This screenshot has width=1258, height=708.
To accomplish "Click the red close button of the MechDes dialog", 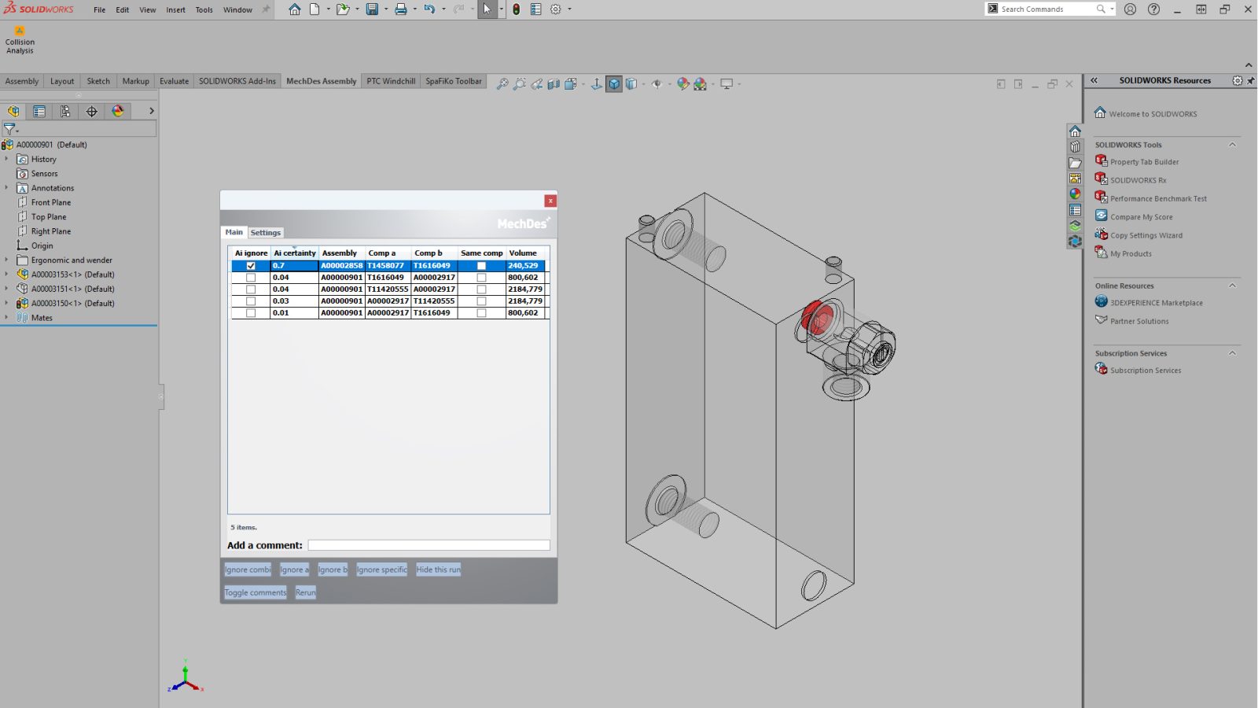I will click(x=550, y=201).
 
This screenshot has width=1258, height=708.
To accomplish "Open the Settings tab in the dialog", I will click(x=265, y=233).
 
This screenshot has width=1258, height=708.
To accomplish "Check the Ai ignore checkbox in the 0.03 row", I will click(x=251, y=301).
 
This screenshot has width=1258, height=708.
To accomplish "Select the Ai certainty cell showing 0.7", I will click(x=293, y=266).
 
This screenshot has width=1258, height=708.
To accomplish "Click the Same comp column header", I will click(x=481, y=253).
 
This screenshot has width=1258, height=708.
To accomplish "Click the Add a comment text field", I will click(x=429, y=545).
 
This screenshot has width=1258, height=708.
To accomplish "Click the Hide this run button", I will click(x=438, y=570).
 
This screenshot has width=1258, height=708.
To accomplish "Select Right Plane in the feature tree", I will click(x=51, y=231).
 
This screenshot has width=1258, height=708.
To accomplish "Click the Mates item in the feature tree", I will click(x=42, y=318).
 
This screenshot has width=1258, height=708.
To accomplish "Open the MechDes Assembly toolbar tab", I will click(x=321, y=81).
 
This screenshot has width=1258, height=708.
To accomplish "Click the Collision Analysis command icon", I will click(x=20, y=31).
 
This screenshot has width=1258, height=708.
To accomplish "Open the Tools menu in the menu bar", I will click(x=204, y=10).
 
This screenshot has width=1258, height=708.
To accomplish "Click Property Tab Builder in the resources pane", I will click(x=1144, y=162).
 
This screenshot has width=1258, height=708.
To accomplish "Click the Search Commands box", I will click(x=1046, y=9).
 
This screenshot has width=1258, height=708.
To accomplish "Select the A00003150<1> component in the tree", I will click(x=72, y=304).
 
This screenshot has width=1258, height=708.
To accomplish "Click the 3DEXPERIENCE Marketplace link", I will click(x=1156, y=303).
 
